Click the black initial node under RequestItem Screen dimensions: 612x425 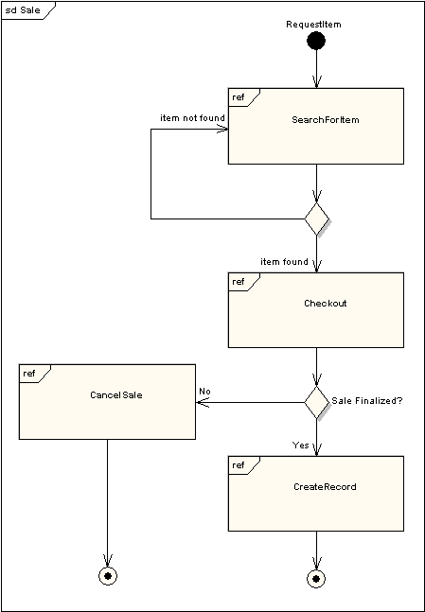point(316,41)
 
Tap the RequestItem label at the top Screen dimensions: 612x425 point(313,23)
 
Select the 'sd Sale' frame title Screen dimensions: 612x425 point(23,9)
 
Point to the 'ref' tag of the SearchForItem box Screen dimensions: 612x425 point(239,97)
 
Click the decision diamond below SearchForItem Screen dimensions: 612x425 point(316,219)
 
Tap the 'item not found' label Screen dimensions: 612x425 point(191,118)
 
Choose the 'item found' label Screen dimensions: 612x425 point(284,261)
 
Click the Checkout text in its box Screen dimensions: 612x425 point(325,304)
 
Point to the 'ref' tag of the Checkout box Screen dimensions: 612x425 point(239,282)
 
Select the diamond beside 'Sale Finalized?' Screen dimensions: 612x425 point(316,402)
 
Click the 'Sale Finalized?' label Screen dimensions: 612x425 point(366,401)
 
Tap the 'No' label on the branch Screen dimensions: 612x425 point(204,391)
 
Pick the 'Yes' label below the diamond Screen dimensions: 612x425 point(300,445)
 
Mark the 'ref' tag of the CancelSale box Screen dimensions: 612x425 point(29,374)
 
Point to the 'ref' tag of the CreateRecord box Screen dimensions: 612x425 point(239,465)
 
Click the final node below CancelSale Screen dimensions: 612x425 point(108,575)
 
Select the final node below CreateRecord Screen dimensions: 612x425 point(316,577)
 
